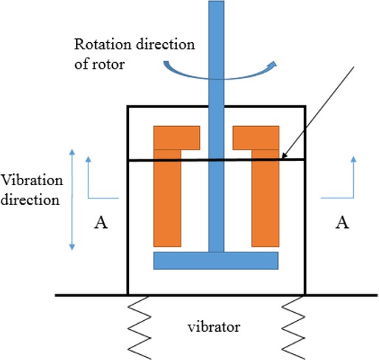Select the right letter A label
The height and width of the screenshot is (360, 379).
click(340, 222)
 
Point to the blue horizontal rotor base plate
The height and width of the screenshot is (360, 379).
click(215, 260)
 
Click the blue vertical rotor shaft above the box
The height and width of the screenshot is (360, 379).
click(216, 44)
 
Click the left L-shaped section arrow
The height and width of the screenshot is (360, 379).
click(96, 181)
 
